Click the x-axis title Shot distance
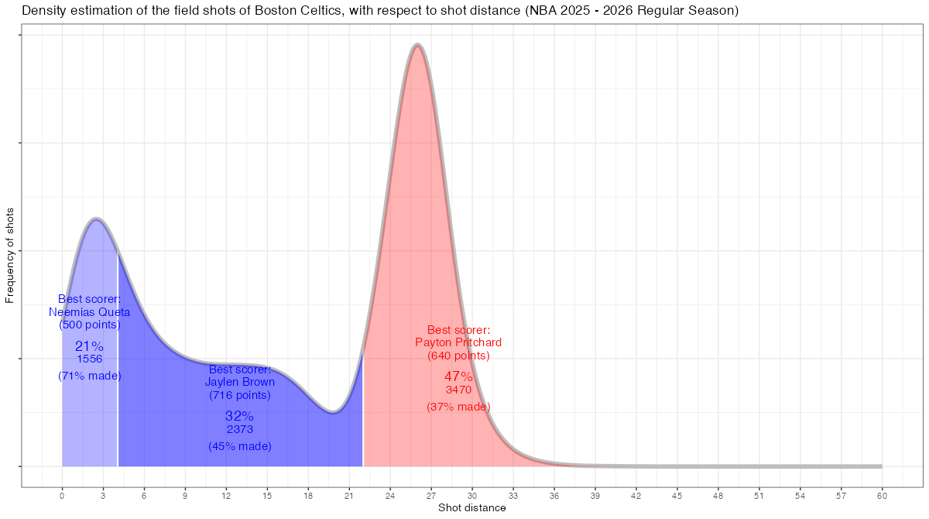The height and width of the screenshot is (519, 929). tap(471, 508)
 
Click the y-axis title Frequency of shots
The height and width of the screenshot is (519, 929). tap(10, 255)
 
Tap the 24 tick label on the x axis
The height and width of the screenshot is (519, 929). tap(390, 494)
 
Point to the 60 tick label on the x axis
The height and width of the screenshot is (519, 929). tap(882, 494)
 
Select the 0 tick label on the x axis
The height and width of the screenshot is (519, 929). tap(62, 494)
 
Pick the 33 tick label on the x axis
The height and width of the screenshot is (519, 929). tap(513, 494)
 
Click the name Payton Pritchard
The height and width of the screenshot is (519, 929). tap(458, 342)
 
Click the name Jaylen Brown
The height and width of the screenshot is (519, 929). tap(240, 382)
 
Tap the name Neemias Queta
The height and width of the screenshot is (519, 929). tap(90, 312)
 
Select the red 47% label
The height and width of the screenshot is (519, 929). tap(458, 376)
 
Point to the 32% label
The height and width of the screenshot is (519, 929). tap(240, 416)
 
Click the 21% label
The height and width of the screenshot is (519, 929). tap(90, 346)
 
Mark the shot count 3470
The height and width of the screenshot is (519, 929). tap(458, 390)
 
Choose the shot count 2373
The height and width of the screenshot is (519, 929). tap(240, 429)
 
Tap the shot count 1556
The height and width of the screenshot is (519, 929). tap(90, 359)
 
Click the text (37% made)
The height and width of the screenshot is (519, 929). tap(458, 407)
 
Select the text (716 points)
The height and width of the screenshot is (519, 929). tap(240, 395)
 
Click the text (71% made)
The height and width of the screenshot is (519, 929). tap(90, 376)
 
